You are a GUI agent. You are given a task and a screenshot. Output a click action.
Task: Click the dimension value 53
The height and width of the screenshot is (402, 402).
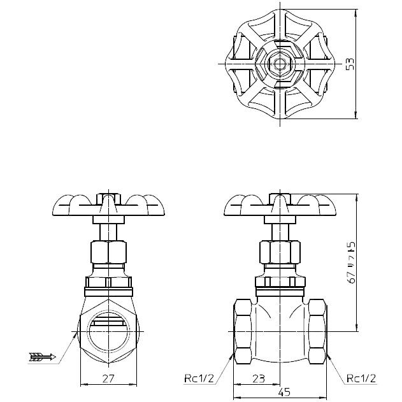click(x=350, y=64)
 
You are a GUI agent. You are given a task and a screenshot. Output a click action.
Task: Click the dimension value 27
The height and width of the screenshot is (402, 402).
click(x=109, y=378)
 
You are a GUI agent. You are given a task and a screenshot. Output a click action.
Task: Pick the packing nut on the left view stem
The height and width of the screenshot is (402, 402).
click(x=109, y=253)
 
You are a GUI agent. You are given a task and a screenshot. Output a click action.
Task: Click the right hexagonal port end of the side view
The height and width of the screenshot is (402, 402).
click(x=315, y=332)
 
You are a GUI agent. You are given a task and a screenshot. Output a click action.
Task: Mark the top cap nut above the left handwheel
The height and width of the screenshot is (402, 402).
click(x=109, y=193)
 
